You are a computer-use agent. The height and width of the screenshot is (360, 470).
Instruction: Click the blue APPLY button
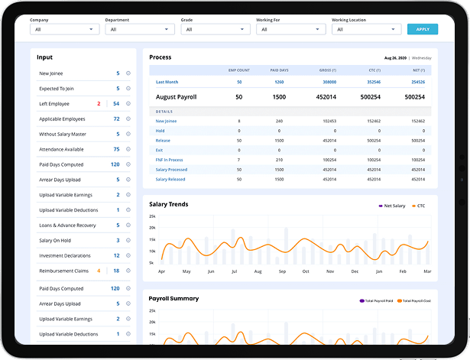422,29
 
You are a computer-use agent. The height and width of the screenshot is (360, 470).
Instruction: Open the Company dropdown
64,29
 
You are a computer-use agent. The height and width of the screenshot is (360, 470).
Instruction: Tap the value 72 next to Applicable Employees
116,119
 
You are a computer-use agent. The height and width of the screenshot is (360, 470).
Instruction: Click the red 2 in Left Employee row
99,104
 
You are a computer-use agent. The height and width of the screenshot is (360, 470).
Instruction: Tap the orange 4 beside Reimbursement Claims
99,271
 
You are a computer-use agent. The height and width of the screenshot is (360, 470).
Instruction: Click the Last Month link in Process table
167,82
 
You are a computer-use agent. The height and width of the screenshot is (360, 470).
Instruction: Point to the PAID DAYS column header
279,70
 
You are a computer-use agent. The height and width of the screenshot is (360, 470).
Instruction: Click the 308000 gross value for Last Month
329,82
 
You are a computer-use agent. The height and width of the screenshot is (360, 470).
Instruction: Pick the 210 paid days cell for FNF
279,160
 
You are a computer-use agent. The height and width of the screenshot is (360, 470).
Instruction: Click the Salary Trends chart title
168,205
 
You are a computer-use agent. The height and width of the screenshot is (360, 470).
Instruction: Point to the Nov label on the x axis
329,271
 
